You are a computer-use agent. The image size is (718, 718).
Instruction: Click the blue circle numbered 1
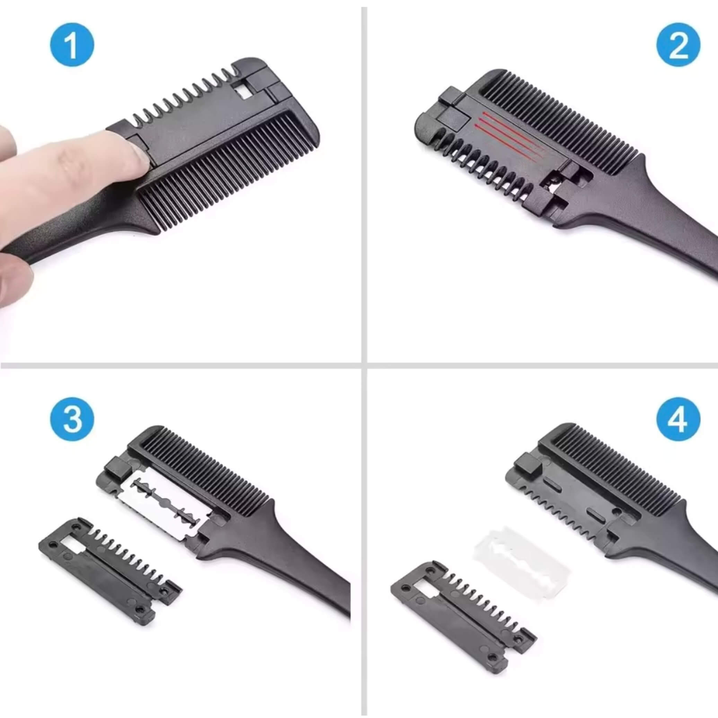click(x=72, y=45)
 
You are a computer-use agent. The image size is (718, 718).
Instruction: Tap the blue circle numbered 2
click(x=678, y=49)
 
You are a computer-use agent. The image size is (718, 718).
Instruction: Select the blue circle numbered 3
click(x=72, y=419)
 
